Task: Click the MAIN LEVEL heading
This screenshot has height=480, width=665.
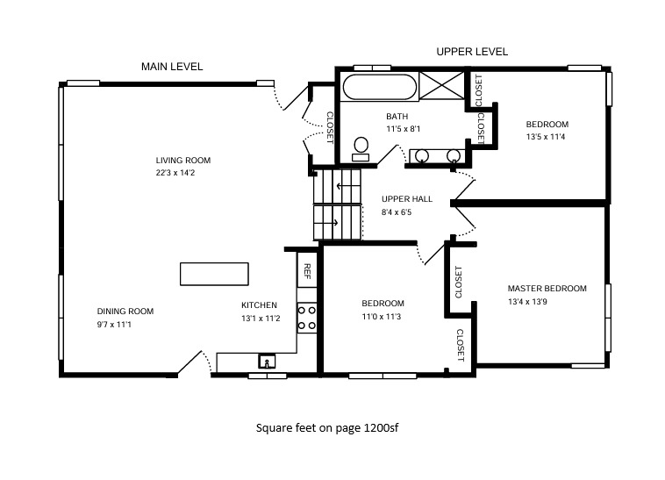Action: (172, 67)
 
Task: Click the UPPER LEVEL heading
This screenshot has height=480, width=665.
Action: (472, 52)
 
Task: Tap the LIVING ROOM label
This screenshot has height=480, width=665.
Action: (183, 161)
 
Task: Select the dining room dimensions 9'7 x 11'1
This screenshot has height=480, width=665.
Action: (114, 325)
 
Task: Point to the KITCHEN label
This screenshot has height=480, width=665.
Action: (259, 305)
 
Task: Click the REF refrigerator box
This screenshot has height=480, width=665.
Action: (307, 270)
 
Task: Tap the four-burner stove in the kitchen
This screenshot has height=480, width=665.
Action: (307, 318)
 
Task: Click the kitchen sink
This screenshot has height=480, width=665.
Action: (267, 362)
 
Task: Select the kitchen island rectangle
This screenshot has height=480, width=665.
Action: (214, 274)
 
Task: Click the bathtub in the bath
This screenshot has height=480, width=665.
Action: (380, 87)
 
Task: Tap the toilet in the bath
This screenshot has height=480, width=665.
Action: (361, 149)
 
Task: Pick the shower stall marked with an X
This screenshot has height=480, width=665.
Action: (442, 86)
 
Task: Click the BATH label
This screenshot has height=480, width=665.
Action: (397, 116)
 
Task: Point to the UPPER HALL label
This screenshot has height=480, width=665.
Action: (407, 199)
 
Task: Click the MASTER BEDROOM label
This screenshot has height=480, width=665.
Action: (547, 289)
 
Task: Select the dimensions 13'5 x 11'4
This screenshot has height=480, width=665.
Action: (546, 137)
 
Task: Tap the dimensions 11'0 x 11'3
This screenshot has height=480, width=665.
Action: (382, 316)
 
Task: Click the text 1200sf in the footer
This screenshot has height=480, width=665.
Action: (382, 428)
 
